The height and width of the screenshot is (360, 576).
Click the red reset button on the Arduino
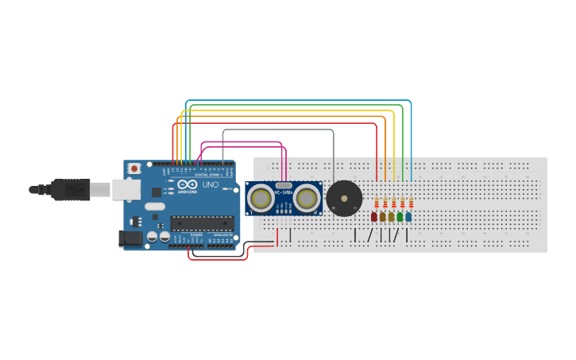[134, 168]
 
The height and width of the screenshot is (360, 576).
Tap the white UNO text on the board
[211, 185]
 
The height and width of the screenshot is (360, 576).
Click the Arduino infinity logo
[187, 184]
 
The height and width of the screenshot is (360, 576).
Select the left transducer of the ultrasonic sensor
[261, 198]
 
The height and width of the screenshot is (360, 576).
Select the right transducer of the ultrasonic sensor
[307, 198]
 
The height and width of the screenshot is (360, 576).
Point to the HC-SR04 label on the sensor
[284, 192]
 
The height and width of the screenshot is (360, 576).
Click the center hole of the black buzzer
[344, 198]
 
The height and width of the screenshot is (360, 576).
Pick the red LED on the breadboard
[374, 217]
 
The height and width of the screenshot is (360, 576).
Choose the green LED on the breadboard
[400, 217]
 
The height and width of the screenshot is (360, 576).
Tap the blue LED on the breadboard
[408, 217]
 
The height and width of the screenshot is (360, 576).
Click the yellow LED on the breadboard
[391, 217]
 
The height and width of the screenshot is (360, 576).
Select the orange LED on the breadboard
[382, 217]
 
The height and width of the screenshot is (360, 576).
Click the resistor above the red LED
[377, 203]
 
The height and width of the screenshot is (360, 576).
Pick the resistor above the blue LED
[411, 203]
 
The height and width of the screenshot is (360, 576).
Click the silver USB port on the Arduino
[125, 189]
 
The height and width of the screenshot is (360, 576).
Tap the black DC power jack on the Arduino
[130, 238]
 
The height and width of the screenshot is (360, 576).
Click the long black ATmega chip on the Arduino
[202, 223]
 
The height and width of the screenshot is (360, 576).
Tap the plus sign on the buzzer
[334, 208]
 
